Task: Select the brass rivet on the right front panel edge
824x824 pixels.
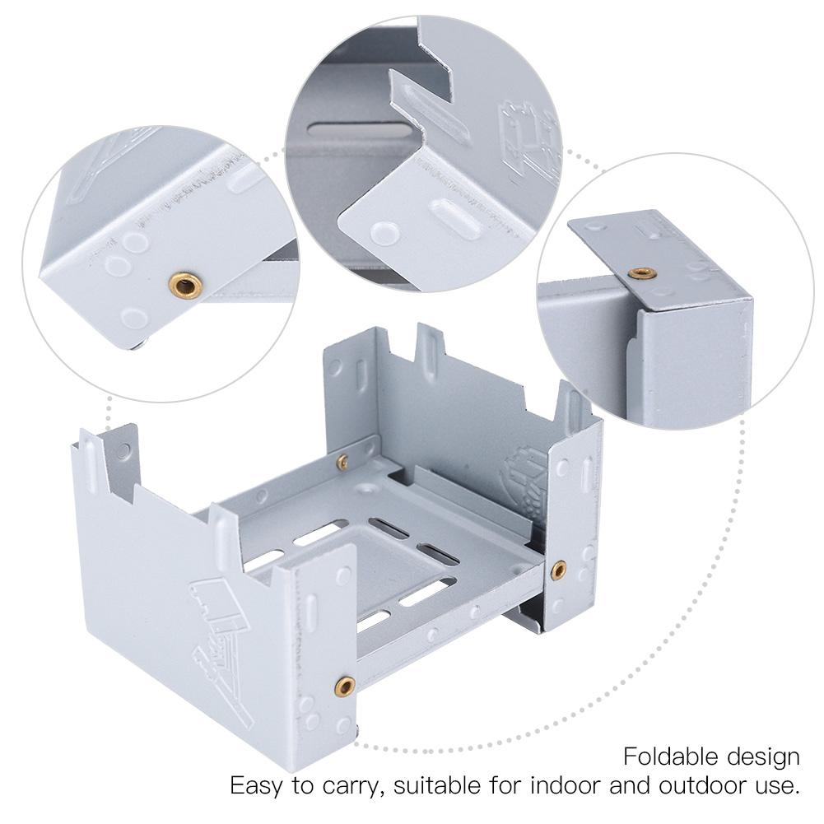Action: (559, 568)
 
